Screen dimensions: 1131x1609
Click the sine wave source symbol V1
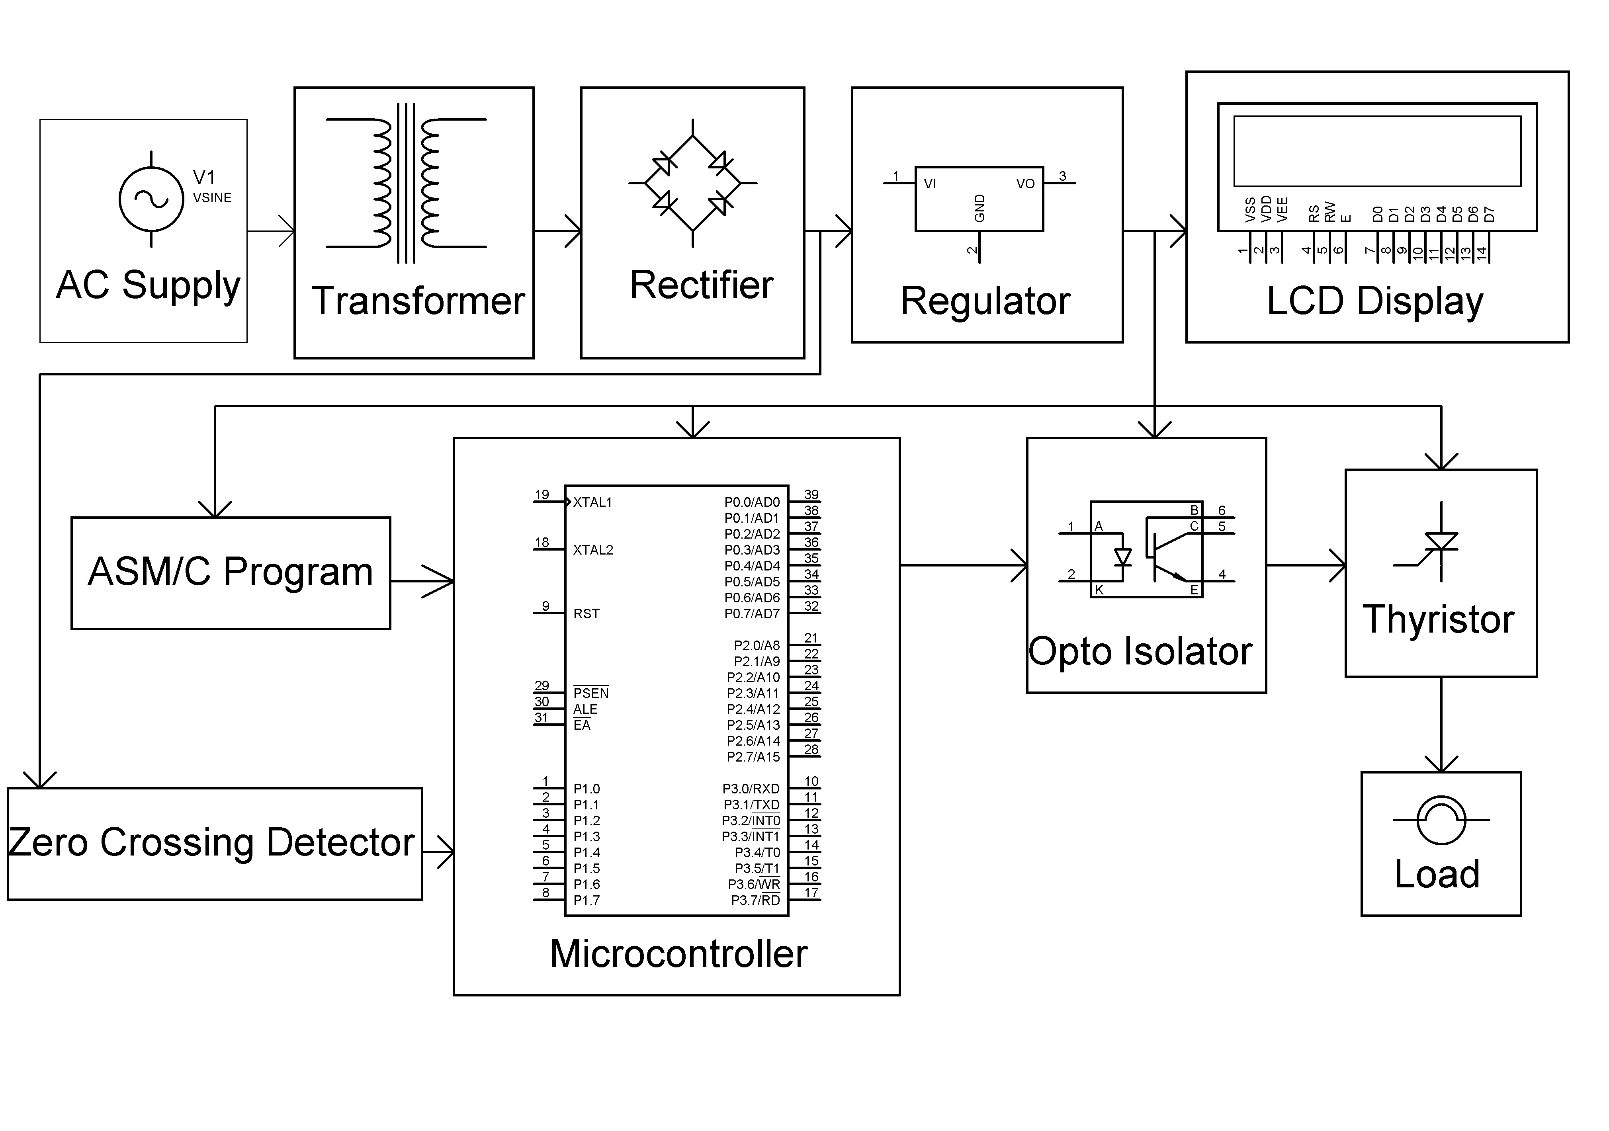(151, 200)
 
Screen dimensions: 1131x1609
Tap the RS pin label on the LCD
(1314, 213)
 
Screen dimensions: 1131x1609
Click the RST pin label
(587, 614)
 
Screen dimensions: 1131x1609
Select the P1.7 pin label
(587, 901)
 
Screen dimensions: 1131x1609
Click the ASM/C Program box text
(231, 572)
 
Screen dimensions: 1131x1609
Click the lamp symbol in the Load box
(1441, 820)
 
